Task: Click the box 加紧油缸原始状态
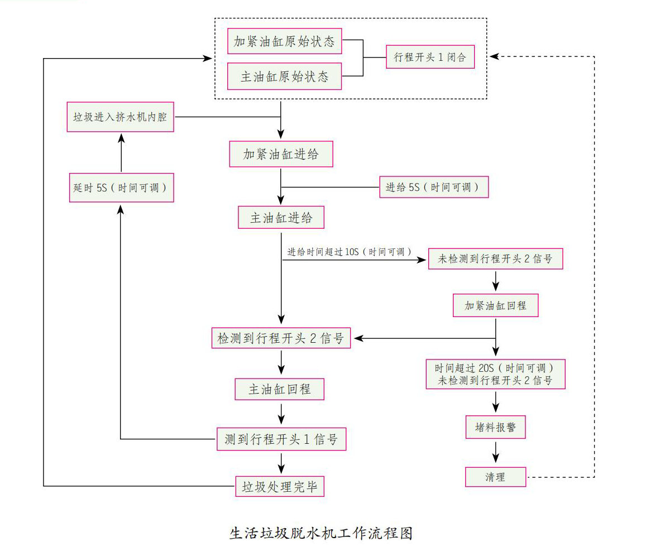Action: [x=285, y=42]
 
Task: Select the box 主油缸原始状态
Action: [x=285, y=76]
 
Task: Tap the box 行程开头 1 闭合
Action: [x=430, y=57]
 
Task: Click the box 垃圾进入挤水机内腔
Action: [x=120, y=117]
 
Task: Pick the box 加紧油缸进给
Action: [x=281, y=154]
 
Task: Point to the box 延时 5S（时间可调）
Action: [x=120, y=188]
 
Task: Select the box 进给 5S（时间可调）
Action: [x=434, y=188]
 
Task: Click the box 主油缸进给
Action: [x=281, y=218]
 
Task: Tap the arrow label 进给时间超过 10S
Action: [x=350, y=252]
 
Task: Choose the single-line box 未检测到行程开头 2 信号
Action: [x=495, y=259]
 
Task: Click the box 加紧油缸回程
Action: [x=495, y=306]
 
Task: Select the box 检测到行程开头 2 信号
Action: [x=281, y=338]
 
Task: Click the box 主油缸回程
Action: [x=279, y=389]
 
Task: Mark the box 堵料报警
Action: [x=495, y=428]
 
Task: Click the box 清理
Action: [x=495, y=477]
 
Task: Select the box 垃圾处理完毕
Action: [x=279, y=487]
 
